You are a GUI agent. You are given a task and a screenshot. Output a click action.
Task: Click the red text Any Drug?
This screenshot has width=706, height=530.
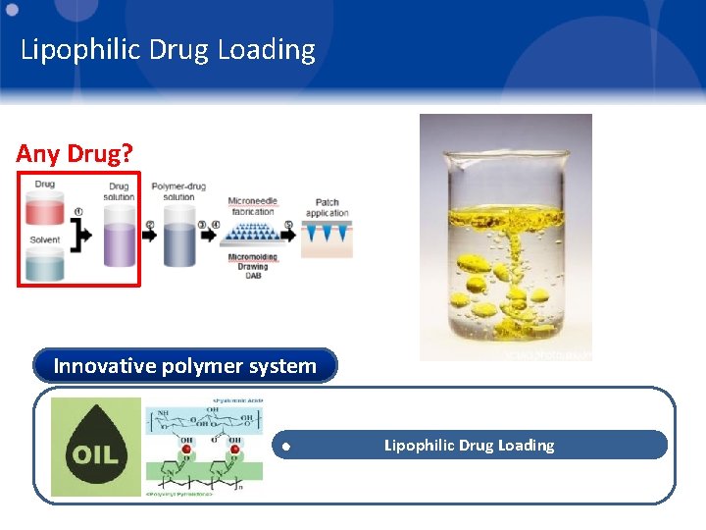[74, 154]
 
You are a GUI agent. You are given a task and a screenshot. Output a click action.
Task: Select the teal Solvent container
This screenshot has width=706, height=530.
[45, 263]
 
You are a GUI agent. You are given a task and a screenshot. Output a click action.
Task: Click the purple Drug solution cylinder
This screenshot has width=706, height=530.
[120, 241]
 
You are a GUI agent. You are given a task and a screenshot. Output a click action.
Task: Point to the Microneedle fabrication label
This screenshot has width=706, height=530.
[252, 206]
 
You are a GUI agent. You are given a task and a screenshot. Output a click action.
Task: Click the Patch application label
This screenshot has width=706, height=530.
[327, 208]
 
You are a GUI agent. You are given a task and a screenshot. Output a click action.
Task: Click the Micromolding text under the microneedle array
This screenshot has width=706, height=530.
[252, 258]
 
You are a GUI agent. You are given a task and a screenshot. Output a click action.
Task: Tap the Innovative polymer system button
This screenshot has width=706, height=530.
[184, 366]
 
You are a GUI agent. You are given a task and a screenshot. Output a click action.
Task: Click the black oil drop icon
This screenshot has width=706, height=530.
[96, 448]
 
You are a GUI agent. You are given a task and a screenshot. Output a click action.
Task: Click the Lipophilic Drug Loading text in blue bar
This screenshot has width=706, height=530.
[469, 446]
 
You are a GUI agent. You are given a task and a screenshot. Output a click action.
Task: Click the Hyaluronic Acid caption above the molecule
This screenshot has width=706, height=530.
[239, 401]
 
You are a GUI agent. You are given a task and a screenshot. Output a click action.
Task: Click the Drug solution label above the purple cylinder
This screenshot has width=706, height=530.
[119, 191]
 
